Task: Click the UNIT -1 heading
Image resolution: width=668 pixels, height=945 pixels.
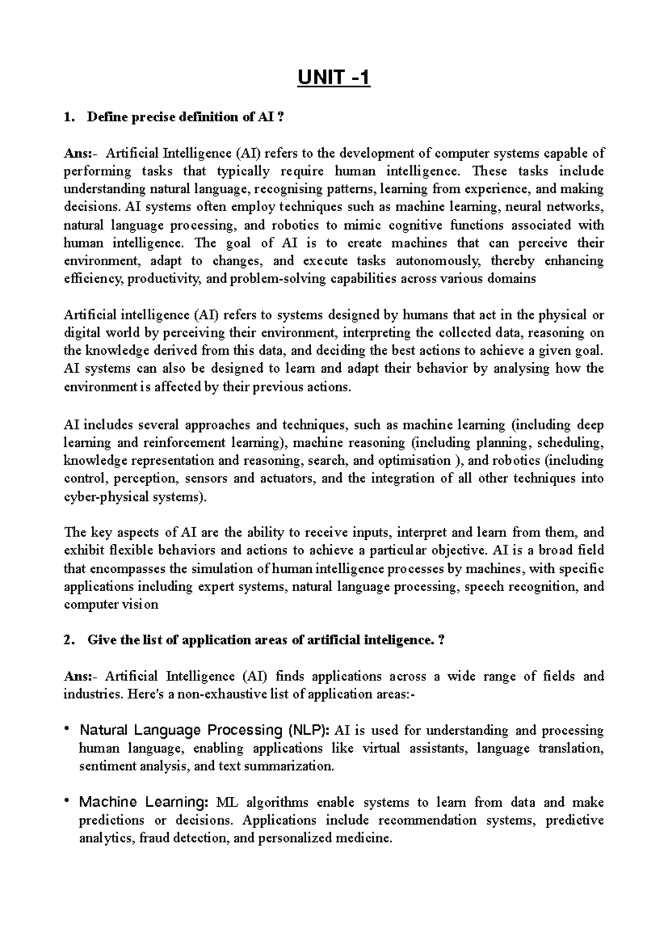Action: [x=333, y=79]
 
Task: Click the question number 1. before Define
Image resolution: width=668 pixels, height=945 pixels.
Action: [x=68, y=117]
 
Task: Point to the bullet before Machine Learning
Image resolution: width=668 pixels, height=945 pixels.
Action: [x=67, y=801]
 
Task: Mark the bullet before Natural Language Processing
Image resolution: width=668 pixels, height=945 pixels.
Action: [x=67, y=728]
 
